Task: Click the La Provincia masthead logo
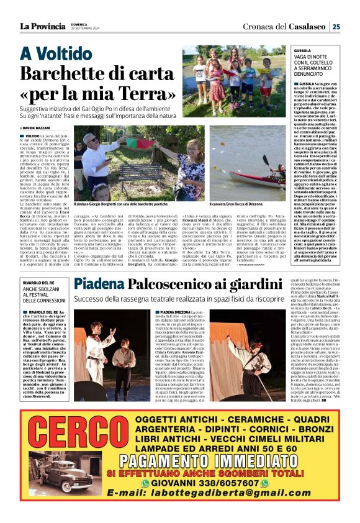(x=42, y=25)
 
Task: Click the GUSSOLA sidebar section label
(x=303, y=49)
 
